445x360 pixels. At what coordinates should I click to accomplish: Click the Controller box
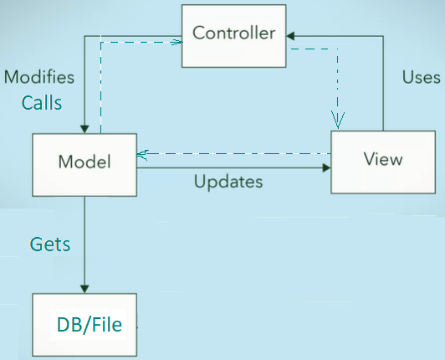pos(234,36)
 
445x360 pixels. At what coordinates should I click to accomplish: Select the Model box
pos(84,165)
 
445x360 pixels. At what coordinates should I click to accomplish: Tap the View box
pos(383,162)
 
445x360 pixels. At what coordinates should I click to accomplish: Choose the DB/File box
pos(84,325)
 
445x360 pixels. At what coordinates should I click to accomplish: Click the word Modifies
pos(39,77)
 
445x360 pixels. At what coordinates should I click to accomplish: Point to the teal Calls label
pos(42,103)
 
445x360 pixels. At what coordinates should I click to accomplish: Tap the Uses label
pos(422,77)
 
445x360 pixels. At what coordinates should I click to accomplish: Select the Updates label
pos(228,182)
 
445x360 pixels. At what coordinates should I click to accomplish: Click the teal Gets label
pos(50,244)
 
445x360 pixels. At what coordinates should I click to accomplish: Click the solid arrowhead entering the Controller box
pos(290,36)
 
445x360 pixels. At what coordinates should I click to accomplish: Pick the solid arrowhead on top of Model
pos(84,129)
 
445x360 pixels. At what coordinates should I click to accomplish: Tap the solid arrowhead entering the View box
pos(327,167)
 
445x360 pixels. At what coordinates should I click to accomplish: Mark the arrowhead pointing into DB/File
pos(84,289)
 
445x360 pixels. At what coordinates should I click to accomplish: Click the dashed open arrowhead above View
pos(338,121)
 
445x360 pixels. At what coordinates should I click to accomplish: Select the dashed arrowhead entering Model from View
pos(142,155)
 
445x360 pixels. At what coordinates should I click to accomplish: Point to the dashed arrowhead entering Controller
pos(176,43)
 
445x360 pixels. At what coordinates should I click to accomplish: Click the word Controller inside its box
pos(234,33)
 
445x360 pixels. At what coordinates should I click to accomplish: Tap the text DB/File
pos(90,325)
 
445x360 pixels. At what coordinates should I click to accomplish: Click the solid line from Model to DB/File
pos(84,244)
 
